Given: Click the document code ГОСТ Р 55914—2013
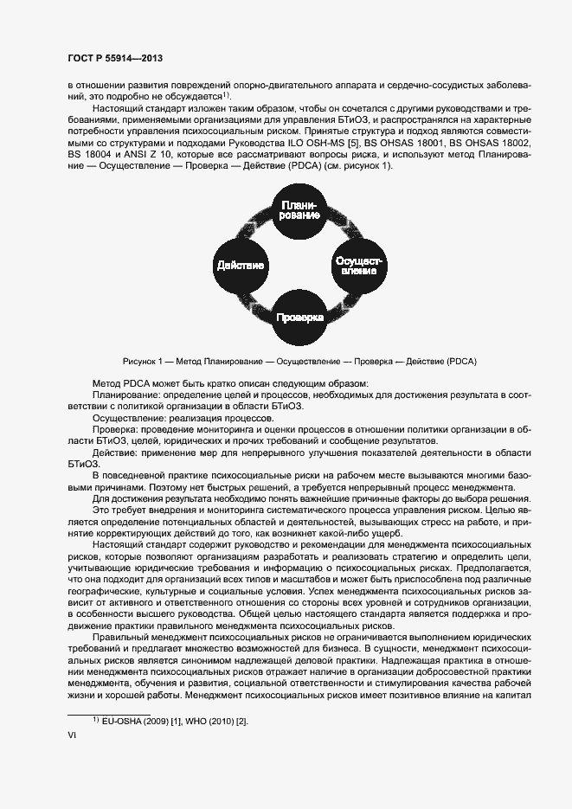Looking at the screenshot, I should click(115, 58).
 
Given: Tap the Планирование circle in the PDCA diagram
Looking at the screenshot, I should click(299, 208).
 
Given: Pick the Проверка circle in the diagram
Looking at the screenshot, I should click(299, 318).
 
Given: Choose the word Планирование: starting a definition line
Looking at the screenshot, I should click(125, 395).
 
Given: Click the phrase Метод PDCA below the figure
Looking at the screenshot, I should click(121, 383).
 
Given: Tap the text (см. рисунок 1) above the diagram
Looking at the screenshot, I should click(357, 165).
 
